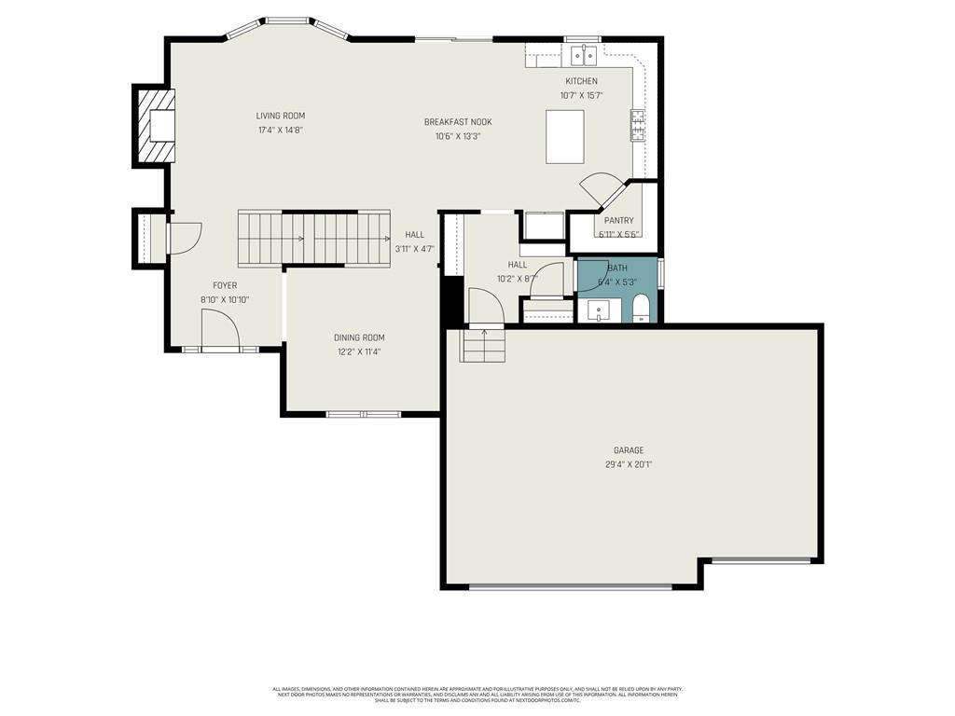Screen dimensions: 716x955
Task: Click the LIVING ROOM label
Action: click(281, 116)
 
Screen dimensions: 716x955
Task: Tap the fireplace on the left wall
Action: click(156, 126)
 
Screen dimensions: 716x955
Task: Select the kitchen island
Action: click(565, 136)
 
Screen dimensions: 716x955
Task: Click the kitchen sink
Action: click(585, 57)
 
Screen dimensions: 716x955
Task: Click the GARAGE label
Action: click(629, 450)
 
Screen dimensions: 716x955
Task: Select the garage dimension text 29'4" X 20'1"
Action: click(629, 464)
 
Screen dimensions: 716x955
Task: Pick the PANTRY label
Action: click(618, 221)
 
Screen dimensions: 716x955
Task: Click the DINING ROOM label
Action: click(359, 337)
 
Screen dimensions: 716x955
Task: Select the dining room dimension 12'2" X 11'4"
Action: click(359, 351)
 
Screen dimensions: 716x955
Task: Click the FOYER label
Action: click(225, 285)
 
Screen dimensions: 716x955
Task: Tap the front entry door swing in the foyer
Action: click(218, 328)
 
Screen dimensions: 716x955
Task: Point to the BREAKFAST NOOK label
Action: click(457, 122)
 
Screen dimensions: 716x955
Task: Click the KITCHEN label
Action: click(581, 81)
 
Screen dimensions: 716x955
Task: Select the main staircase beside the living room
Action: click(314, 239)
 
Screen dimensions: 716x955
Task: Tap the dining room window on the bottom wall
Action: click(363, 414)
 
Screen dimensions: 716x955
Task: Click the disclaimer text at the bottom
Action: click(477, 695)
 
